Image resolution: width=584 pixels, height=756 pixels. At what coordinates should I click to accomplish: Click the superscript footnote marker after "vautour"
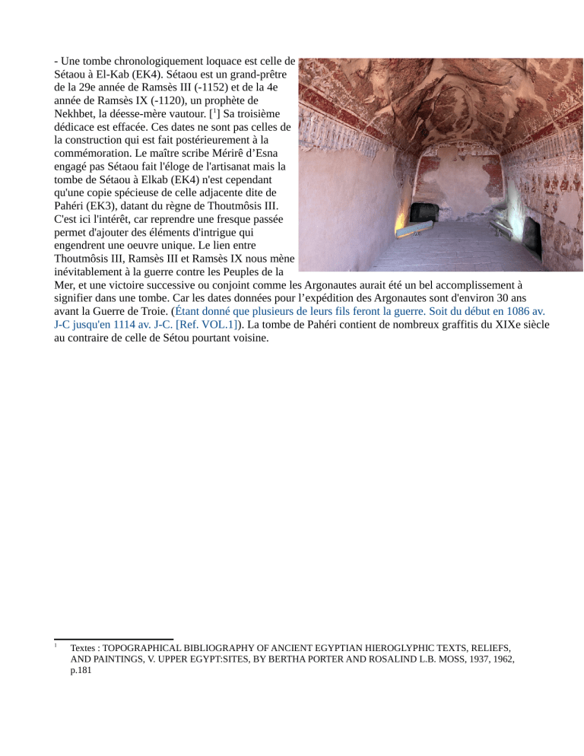(211, 112)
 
